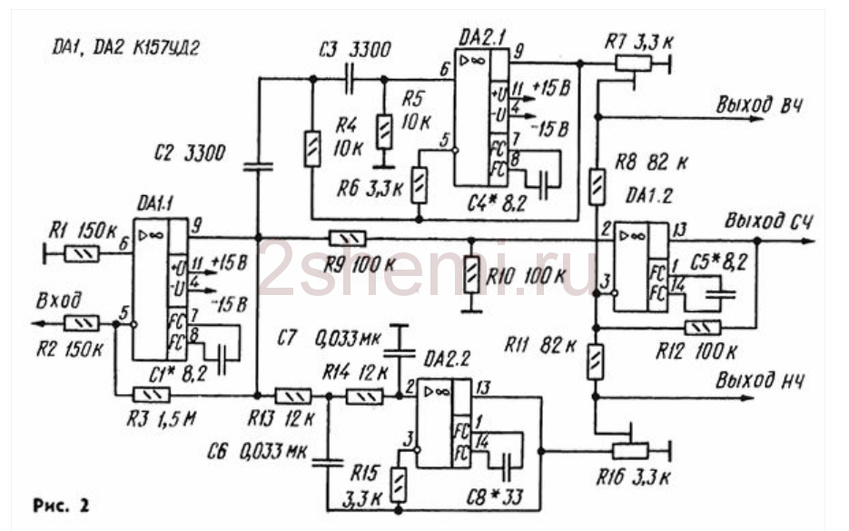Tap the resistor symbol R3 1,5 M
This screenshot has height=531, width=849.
click(151, 395)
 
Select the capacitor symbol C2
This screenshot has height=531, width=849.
click(259, 165)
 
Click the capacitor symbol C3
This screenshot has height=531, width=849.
click(350, 78)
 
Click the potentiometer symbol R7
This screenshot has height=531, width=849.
click(633, 64)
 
